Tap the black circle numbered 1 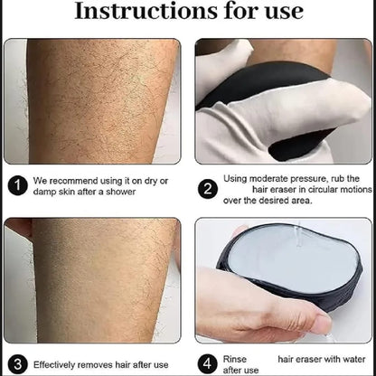17,186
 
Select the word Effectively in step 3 59,365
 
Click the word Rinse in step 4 234,360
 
